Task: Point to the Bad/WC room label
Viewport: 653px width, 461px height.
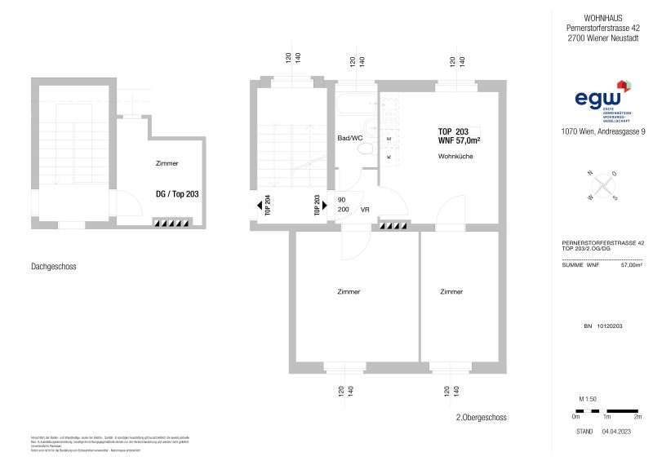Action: pyautogui.click(x=349, y=139)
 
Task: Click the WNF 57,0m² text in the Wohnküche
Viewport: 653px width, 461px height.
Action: pyautogui.click(x=459, y=141)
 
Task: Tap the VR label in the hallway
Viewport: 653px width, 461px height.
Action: pyautogui.click(x=365, y=209)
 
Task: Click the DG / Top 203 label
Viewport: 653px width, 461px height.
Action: pyautogui.click(x=177, y=194)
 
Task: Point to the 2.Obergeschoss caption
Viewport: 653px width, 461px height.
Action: pyautogui.click(x=482, y=417)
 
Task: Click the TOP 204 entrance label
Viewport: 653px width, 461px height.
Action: pyautogui.click(x=268, y=204)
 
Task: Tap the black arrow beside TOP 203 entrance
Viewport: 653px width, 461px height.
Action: pyautogui.click(x=327, y=204)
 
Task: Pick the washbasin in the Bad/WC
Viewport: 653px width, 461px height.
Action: pyautogui.click(x=369, y=126)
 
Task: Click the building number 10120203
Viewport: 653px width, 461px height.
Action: pyautogui.click(x=604, y=326)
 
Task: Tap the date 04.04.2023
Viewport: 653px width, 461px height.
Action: pyautogui.click(x=618, y=431)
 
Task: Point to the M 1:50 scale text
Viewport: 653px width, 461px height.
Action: pyautogui.click(x=587, y=398)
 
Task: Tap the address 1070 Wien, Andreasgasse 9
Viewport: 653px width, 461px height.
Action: pyautogui.click(x=603, y=131)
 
